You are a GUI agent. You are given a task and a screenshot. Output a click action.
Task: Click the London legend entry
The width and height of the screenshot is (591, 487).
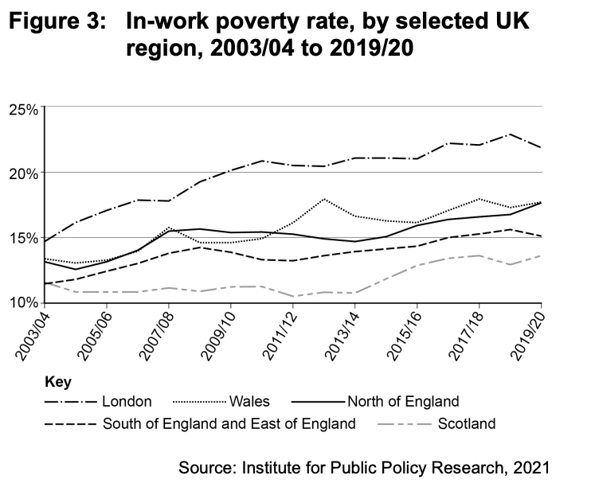127,401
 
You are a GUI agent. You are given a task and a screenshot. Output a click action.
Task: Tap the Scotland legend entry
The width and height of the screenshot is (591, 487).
466,423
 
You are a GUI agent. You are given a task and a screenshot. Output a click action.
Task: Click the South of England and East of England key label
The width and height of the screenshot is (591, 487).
229,423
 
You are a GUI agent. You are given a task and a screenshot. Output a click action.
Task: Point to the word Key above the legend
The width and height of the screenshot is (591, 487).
57,381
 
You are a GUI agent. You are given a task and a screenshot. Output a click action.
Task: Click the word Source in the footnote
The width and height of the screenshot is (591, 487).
206,466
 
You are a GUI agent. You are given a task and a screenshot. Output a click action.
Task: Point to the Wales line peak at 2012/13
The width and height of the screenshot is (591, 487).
325,199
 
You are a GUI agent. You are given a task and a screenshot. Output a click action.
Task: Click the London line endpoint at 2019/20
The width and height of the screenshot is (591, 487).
542,147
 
